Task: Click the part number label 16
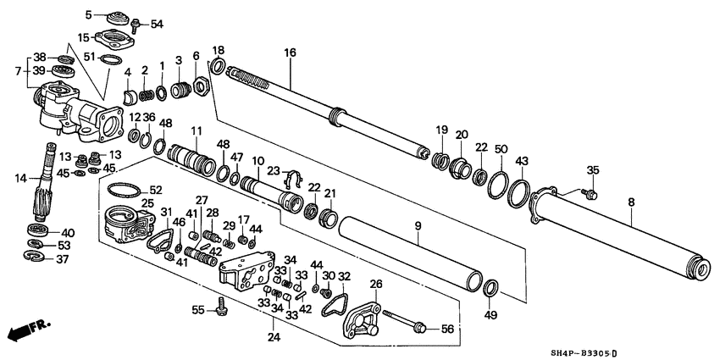290,53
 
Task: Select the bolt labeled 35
591,194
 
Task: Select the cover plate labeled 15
113,40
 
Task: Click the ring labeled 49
490,290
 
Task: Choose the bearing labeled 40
39,231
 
